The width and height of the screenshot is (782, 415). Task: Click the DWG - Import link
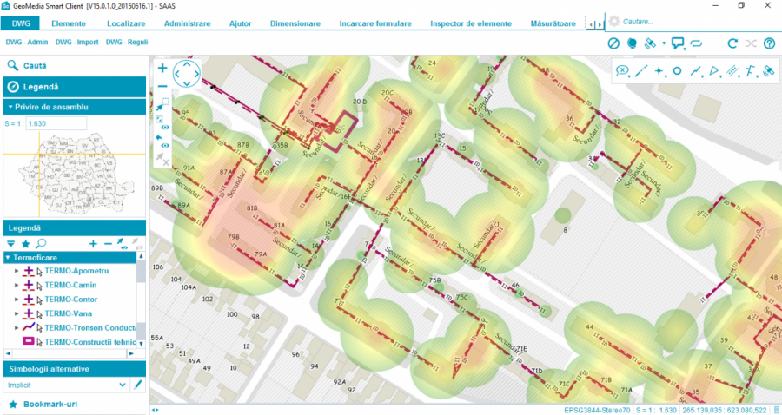click(x=76, y=42)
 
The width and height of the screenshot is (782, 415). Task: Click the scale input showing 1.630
click(x=56, y=124)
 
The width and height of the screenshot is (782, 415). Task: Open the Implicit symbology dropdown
click(x=122, y=384)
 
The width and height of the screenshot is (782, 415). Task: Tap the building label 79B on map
click(x=234, y=237)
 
